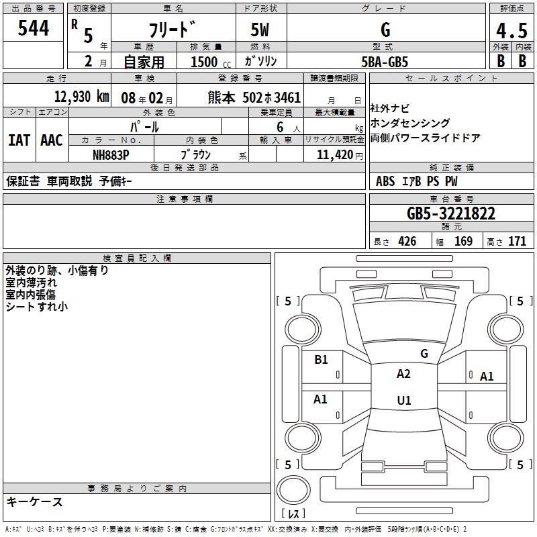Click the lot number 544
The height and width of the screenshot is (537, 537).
coord(33,28)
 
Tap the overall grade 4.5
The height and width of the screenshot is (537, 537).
coord(511,30)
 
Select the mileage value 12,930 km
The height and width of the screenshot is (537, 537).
coord(81,97)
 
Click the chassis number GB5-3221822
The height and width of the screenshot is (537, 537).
coord(451,213)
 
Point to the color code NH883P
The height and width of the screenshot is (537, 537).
coord(111,155)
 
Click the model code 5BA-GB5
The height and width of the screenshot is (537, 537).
coord(385,62)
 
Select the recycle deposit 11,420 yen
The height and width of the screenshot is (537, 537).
coord(340,155)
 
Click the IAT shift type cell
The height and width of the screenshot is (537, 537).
coord(19,140)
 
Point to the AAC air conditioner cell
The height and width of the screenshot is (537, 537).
coord(52,140)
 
